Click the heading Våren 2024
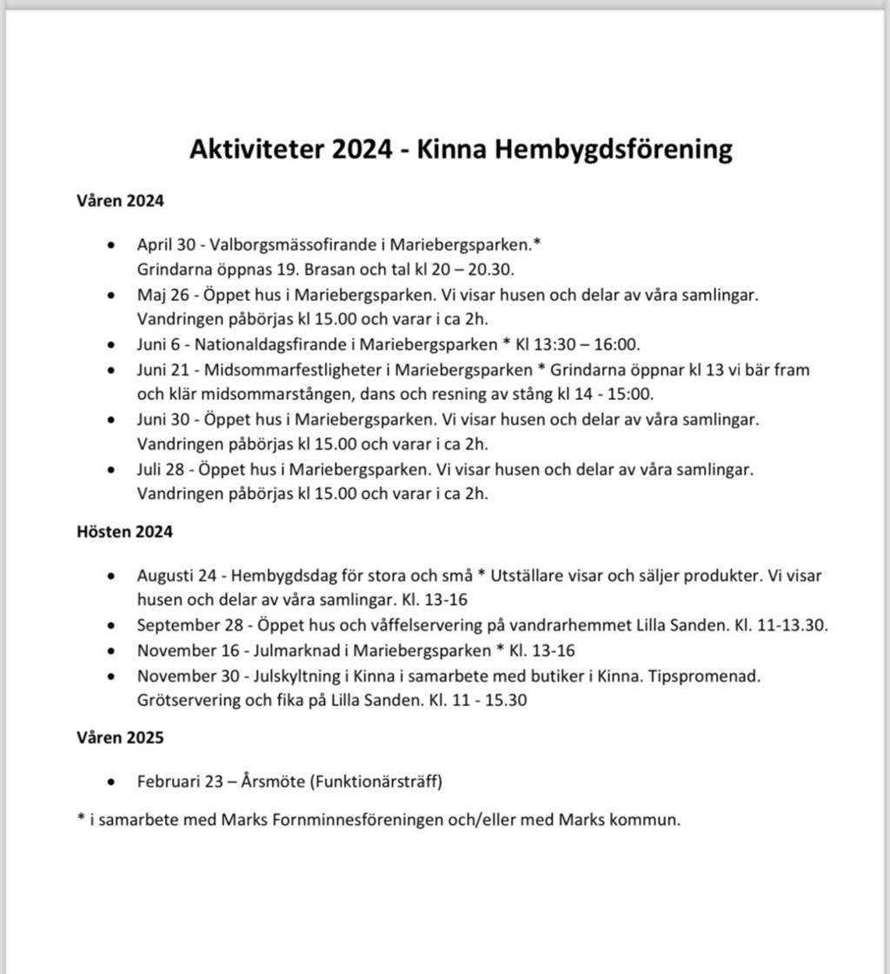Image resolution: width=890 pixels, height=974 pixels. pyautogui.click(x=120, y=201)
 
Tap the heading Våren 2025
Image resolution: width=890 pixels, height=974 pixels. pyautogui.click(x=120, y=737)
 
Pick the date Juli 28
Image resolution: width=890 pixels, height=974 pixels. pyautogui.click(x=158, y=470)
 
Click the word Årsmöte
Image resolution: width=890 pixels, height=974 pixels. pyautogui.click(x=274, y=782)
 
